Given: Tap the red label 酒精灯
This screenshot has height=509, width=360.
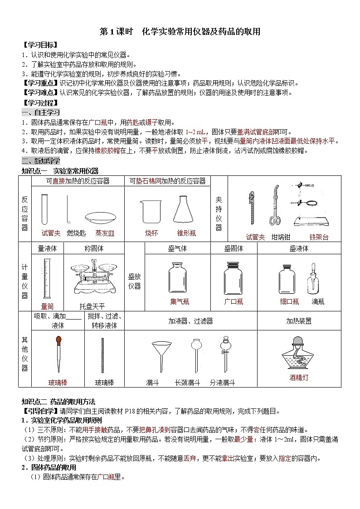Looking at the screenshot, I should (298, 377).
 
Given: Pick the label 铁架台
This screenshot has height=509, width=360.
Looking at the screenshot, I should (319, 237).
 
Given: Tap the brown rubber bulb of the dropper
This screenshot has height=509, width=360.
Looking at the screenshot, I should (58, 339).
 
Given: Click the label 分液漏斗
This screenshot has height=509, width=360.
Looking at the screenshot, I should (222, 383).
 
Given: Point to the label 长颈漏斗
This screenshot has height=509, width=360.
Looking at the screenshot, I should (187, 383).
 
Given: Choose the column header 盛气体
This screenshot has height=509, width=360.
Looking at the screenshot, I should (177, 248).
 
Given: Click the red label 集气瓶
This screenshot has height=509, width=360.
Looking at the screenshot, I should (180, 301).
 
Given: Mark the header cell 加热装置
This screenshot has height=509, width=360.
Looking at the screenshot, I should (299, 321).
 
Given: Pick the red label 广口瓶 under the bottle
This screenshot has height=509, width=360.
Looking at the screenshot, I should (234, 301).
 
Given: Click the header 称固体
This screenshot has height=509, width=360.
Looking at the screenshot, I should (94, 248).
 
